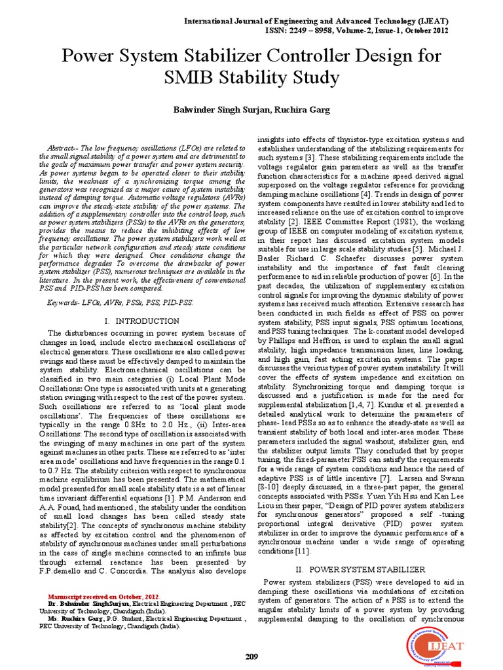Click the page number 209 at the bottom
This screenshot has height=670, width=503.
tap(251, 656)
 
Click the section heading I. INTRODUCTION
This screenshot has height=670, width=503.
tap(142, 321)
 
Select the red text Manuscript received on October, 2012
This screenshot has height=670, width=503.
tap(104, 598)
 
